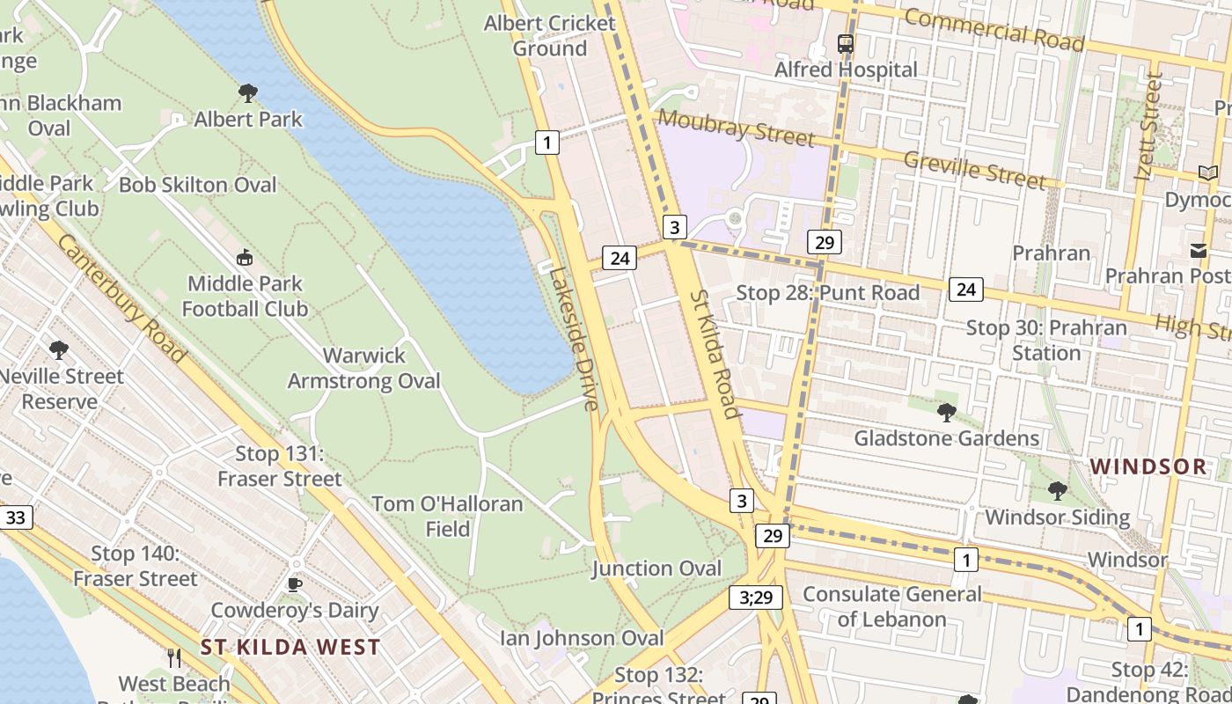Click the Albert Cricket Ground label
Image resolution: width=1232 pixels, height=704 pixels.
click(x=549, y=36)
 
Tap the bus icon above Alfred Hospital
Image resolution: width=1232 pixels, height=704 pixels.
click(x=845, y=43)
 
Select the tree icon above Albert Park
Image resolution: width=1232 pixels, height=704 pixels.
click(x=248, y=92)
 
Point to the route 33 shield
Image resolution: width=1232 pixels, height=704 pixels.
click(x=16, y=517)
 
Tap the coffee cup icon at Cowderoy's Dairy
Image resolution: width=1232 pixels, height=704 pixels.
click(x=295, y=584)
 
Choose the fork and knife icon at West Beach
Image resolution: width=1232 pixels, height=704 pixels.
click(x=174, y=657)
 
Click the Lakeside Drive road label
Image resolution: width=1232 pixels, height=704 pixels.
click(x=574, y=337)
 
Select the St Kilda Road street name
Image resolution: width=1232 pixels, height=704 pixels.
click(x=713, y=354)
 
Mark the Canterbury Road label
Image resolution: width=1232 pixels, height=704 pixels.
click(x=122, y=298)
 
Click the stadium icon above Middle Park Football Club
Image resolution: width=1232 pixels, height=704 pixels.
click(x=245, y=258)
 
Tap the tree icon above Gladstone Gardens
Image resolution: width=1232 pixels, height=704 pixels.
click(x=947, y=412)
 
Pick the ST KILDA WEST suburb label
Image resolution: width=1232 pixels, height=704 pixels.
click(x=290, y=648)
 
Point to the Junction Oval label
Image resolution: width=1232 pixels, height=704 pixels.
click(x=656, y=568)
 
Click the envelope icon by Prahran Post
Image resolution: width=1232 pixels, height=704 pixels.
click(x=1199, y=251)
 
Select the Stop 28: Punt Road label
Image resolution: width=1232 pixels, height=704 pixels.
click(x=827, y=293)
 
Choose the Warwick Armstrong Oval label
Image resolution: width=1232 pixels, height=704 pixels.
click(x=364, y=369)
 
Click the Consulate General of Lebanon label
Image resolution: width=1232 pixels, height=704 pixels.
click(x=891, y=606)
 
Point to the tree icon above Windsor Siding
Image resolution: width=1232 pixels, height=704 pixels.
click(x=1057, y=490)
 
